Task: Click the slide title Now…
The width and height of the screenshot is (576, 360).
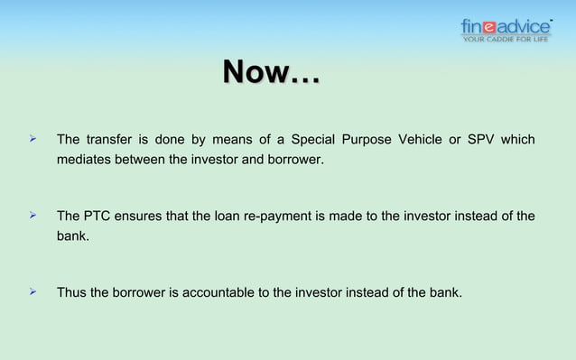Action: [x=271, y=73]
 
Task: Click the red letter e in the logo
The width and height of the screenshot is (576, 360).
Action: [x=494, y=25]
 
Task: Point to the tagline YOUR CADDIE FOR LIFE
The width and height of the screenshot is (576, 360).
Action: [x=506, y=39]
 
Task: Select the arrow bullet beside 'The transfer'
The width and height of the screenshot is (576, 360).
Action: [x=32, y=140]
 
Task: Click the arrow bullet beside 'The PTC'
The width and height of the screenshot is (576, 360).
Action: [x=32, y=216]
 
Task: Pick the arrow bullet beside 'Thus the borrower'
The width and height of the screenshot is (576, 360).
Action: [x=32, y=291]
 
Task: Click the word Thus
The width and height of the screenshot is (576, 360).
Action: [x=71, y=292]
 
